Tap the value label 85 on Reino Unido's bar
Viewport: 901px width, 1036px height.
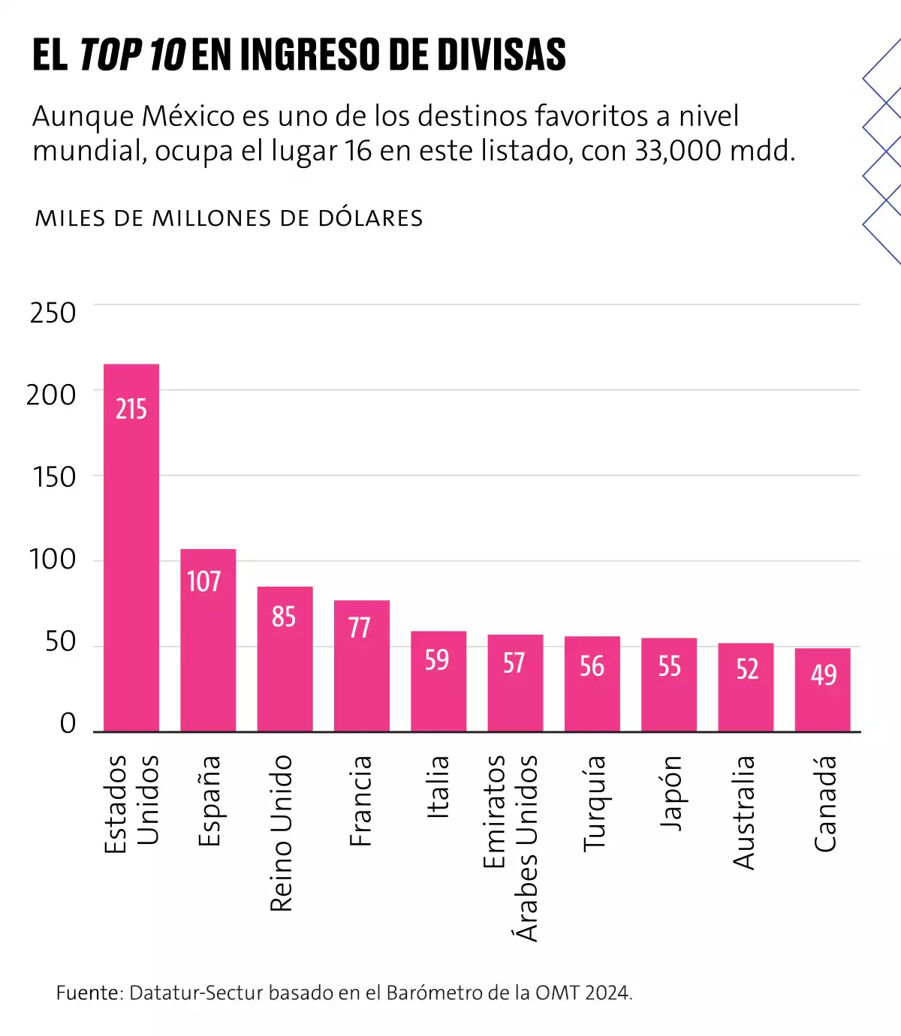click(x=284, y=617)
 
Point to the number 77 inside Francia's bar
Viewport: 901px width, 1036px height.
click(x=360, y=627)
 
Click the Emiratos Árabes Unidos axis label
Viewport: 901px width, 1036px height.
click(x=510, y=848)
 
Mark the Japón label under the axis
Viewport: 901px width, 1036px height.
click(x=670, y=793)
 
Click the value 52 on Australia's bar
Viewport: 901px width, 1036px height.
click(x=746, y=669)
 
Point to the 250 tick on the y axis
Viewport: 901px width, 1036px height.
click(x=53, y=314)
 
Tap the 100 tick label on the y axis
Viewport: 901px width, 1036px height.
click(x=53, y=560)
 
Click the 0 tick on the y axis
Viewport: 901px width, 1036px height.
click(x=68, y=724)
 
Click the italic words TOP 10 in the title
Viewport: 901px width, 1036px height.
click(x=132, y=55)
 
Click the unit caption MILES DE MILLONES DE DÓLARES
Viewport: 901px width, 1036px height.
click(x=229, y=218)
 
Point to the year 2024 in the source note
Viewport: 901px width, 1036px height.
click(x=607, y=993)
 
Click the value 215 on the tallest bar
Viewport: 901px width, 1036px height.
click(x=131, y=409)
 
